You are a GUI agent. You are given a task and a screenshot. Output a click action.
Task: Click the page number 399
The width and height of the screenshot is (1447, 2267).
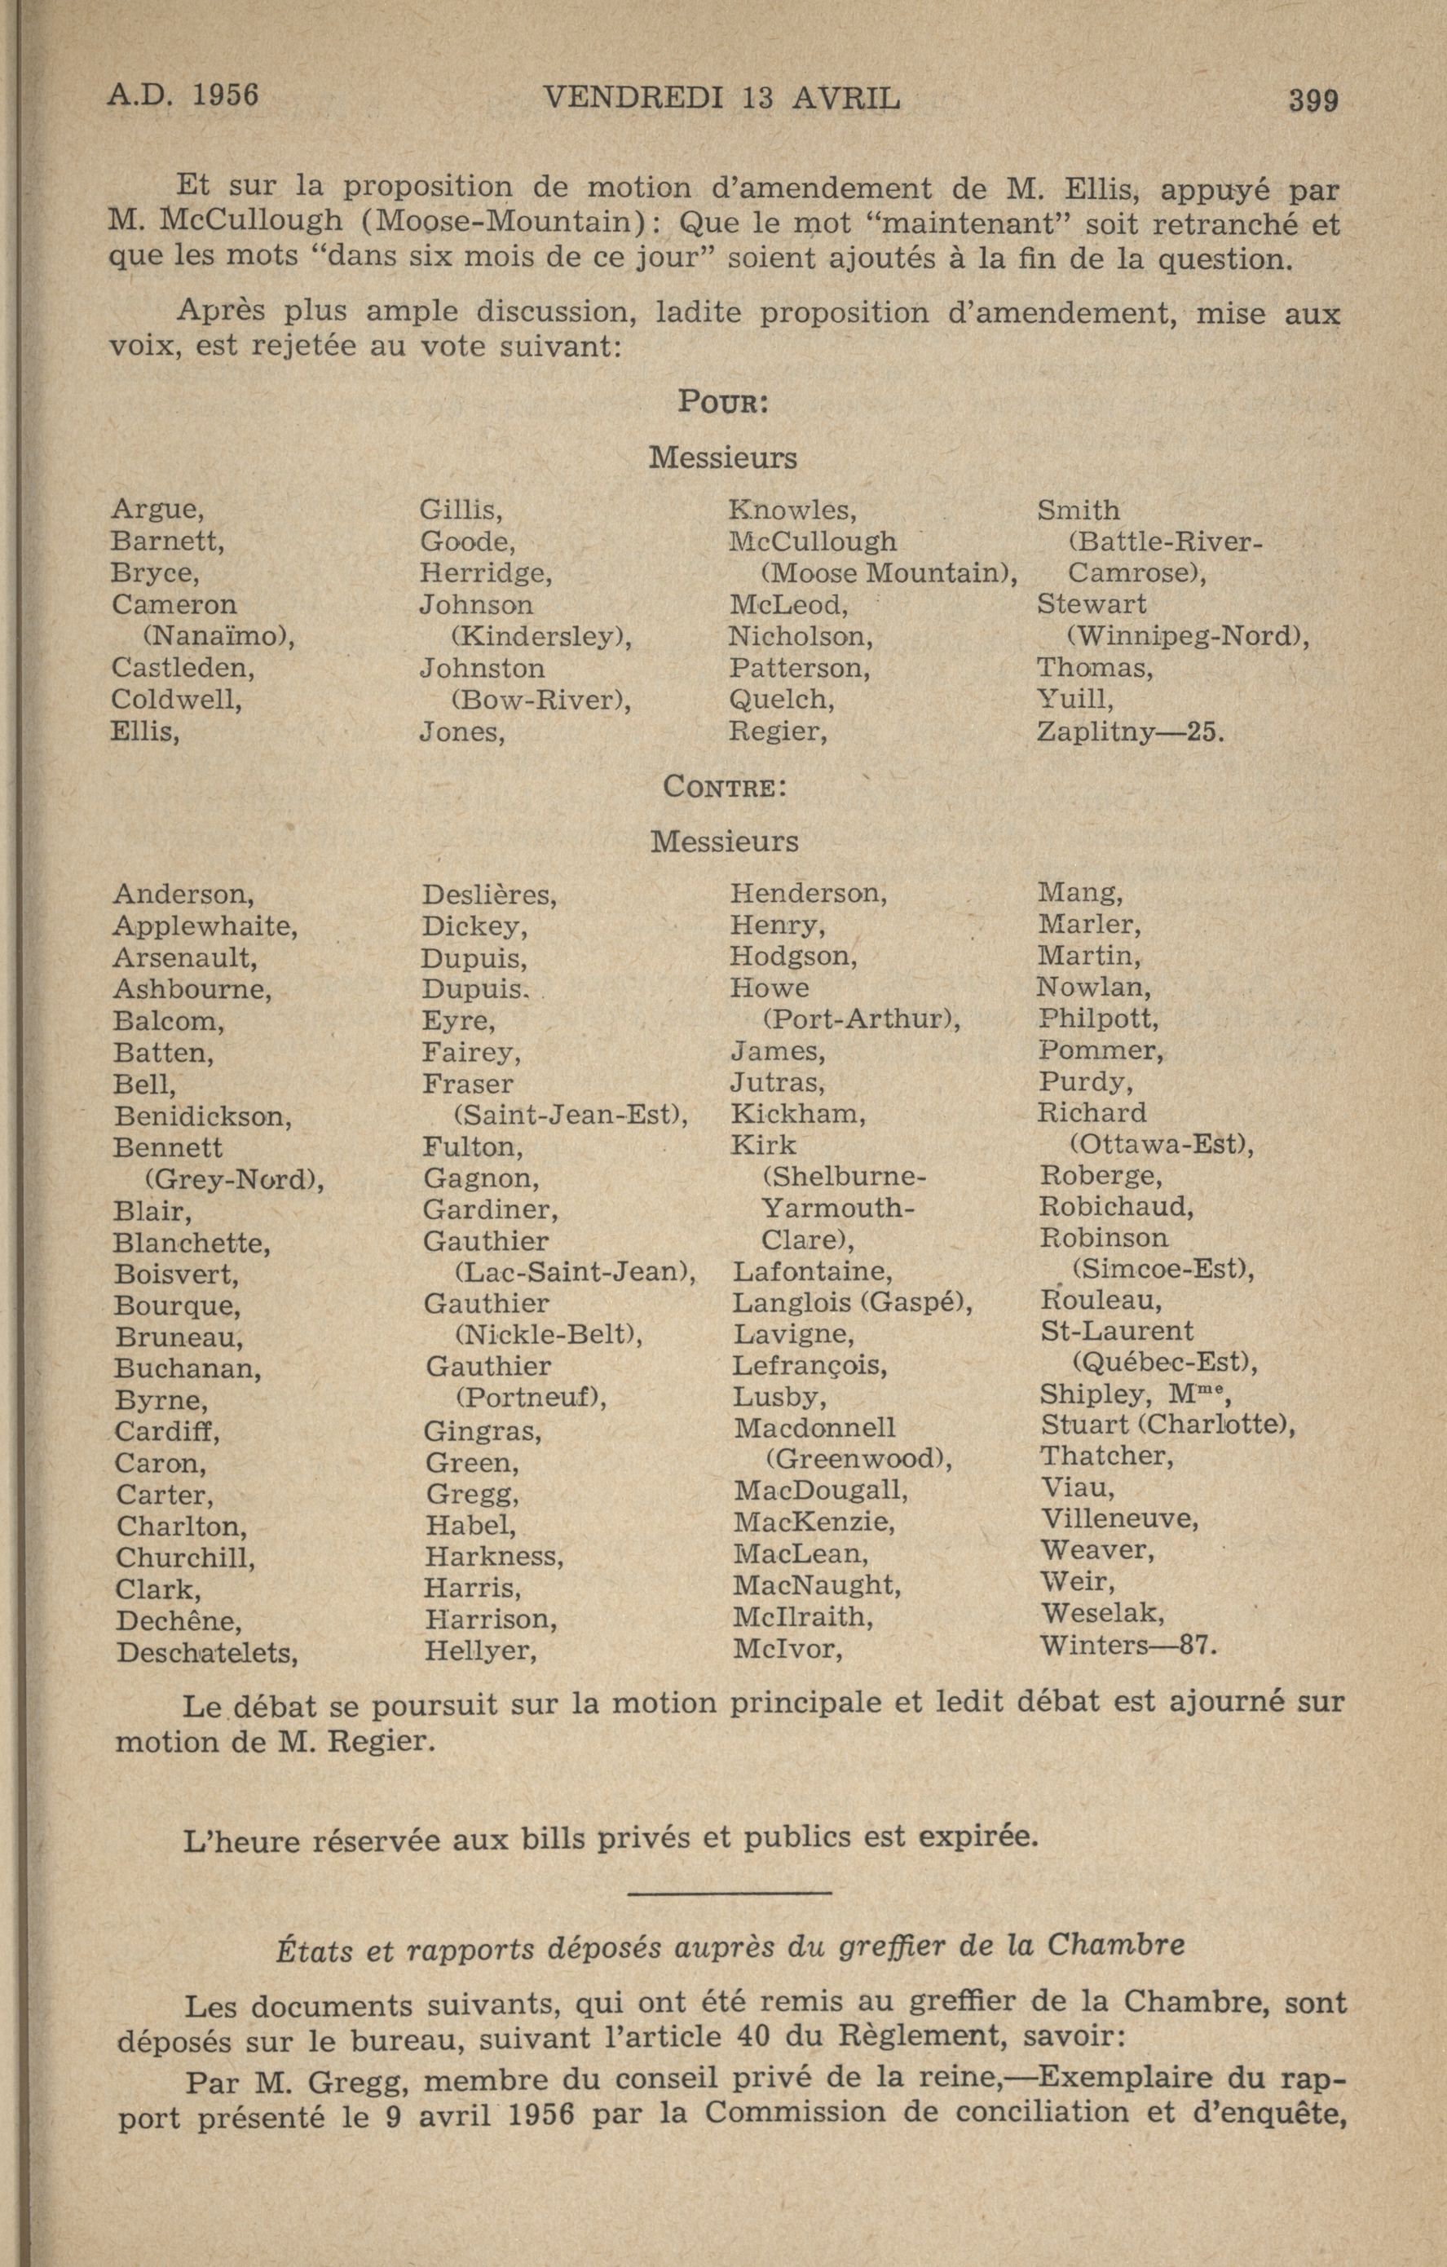pos(1313,99)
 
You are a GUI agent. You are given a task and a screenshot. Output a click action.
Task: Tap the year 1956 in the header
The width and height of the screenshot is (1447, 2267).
pos(225,96)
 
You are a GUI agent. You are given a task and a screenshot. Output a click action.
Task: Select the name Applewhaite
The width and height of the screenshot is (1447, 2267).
pos(205,926)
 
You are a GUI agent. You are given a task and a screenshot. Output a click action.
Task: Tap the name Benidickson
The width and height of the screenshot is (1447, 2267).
pos(201,1116)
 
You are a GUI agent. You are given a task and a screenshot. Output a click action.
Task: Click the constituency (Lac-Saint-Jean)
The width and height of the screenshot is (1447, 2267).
pos(574,1273)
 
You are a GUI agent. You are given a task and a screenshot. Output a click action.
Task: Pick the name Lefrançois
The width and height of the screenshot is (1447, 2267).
pos(810,1365)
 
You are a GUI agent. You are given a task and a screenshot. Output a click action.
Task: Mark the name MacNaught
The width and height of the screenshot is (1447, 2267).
pos(816,1585)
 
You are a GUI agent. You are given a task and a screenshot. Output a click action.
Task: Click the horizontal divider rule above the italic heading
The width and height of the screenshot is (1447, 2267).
pos(728,1893)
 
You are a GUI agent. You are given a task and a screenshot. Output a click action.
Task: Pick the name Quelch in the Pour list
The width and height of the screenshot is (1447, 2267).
pos(780,700)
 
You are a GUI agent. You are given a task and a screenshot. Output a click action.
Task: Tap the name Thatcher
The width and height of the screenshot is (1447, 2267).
pos(1105,1456)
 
